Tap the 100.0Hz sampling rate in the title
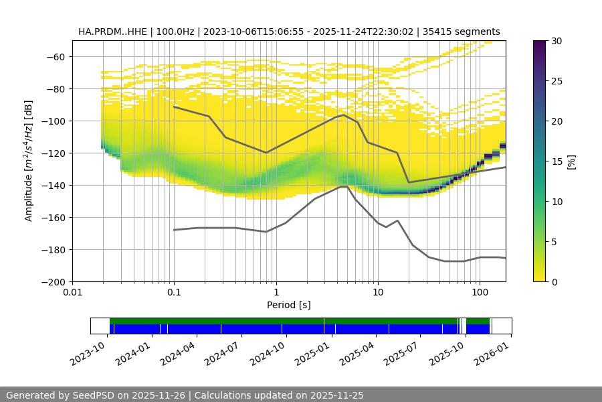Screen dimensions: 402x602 (177, 31)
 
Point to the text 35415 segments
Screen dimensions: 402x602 (469, 31)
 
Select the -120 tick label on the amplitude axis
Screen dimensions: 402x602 (53, 153)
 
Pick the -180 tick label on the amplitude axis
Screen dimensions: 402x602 (53, 250)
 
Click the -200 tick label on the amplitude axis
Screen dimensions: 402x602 (53, 282)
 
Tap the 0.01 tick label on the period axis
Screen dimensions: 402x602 (72, 293)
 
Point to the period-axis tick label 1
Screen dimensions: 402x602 (276, 293)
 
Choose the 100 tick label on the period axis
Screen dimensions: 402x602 (479, 293)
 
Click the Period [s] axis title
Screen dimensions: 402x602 (289, 305)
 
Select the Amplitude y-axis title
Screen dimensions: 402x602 (29, 161)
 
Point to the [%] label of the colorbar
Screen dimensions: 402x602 (571, 161)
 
